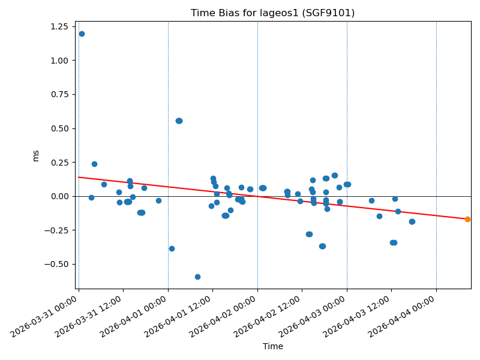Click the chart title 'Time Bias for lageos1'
(272, 13)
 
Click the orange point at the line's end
(467, 219)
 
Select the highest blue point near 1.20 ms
(82, 34)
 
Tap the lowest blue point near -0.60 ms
(197, 277)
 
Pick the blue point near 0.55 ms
(179, 121)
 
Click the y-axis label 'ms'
(35, 155)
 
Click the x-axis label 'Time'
(272, 346)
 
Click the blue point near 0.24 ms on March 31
(94, 164)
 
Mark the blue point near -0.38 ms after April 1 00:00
(172, 248)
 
